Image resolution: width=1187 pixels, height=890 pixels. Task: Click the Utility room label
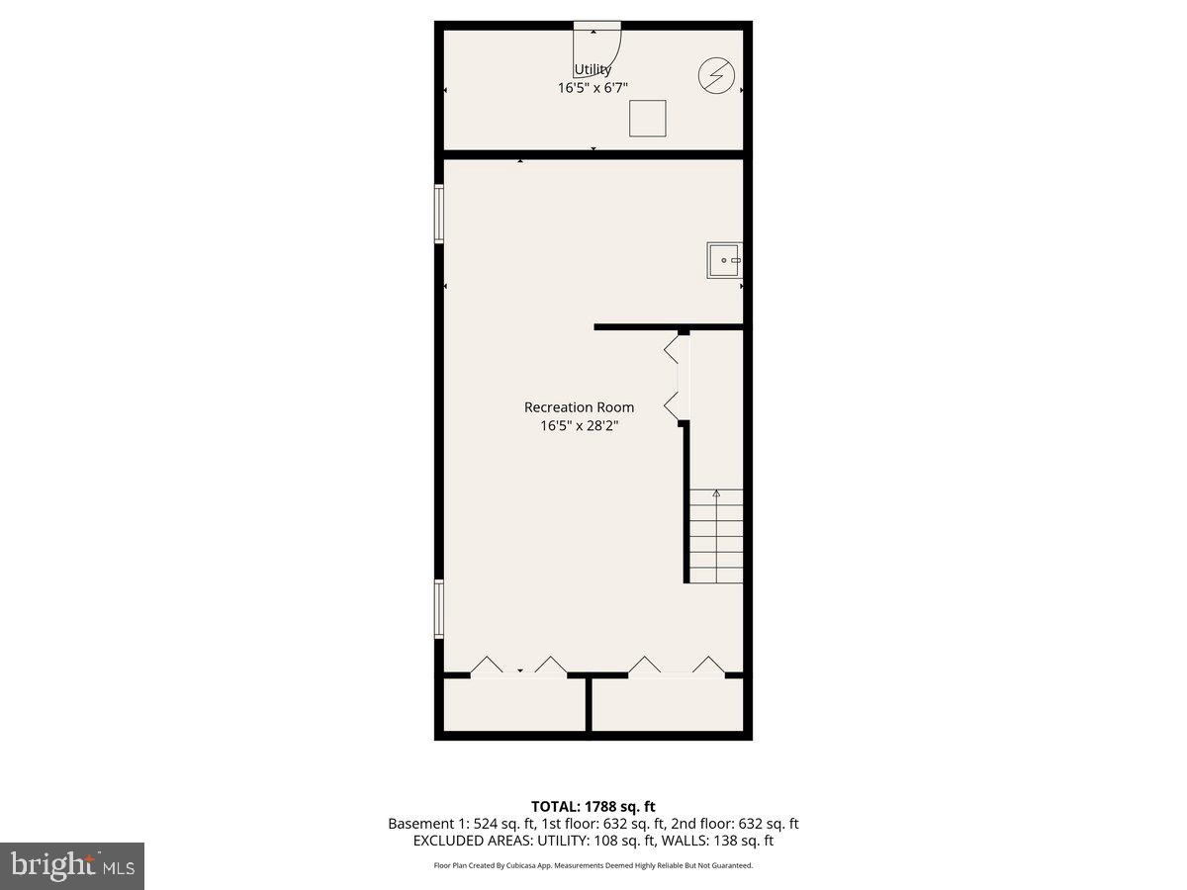(593, 70)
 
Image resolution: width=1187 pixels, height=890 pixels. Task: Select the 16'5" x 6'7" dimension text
(593, 88)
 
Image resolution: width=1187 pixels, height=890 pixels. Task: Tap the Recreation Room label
(579, 407)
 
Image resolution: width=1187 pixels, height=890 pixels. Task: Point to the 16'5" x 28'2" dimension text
(579, 426)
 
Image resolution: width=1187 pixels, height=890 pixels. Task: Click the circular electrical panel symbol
(717, 76)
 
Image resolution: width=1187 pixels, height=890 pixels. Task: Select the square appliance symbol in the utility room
(648, 118)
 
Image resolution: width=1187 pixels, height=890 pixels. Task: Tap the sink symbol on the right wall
(724, 260)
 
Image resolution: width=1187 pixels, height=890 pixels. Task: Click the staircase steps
(716, 539)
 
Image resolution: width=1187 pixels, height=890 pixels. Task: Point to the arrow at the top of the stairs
(716, 493)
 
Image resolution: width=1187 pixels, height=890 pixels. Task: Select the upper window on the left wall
(439, 215)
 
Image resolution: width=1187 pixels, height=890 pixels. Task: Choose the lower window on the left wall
(439, 609)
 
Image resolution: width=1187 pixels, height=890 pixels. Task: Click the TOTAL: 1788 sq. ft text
(593, 807)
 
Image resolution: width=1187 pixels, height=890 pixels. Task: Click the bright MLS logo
(72, 866)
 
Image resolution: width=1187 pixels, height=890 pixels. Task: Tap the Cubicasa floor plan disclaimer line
(593, 865)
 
